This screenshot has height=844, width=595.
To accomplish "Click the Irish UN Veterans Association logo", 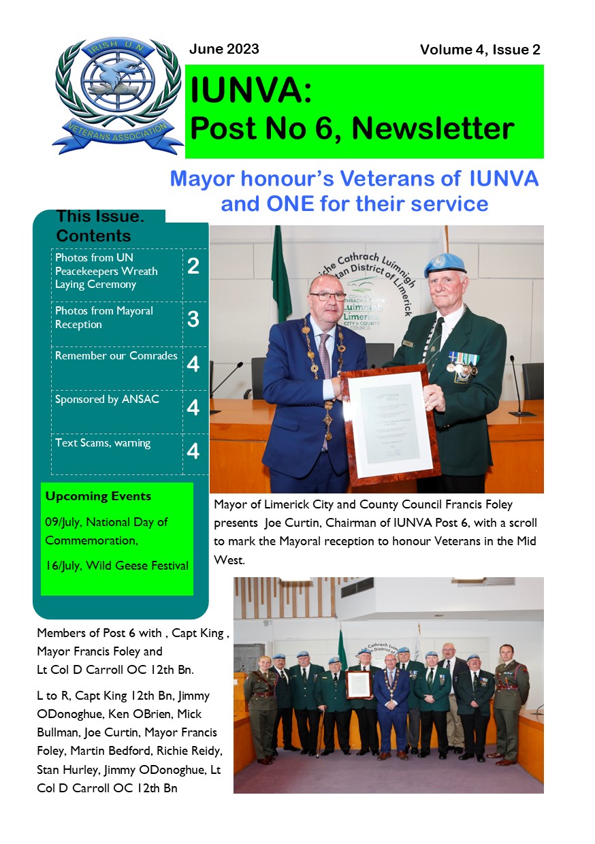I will [x=117, y=95].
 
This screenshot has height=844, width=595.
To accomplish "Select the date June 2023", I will [x=224, y=49].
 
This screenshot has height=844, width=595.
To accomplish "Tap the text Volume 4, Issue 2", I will [x=479, y=50].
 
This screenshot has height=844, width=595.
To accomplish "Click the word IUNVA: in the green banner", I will [x=251, y=90].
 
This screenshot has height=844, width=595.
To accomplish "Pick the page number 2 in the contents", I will [x=193, y=266].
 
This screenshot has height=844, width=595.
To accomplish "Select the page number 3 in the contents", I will [x=193, y=319].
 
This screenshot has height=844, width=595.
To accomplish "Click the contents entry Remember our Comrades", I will [x=116, y=356].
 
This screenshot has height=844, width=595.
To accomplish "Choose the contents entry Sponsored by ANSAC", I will [x=107, y=400].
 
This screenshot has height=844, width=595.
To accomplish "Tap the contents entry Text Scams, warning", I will [x=103, y=443].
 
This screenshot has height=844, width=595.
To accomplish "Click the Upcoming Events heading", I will [x=98, y=496].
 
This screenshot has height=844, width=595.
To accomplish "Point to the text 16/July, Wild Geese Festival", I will [x=116, y=566].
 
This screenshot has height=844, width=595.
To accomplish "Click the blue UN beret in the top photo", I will [x=444, y=264].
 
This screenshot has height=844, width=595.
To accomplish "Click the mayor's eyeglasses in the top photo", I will [x=329, y=297].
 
